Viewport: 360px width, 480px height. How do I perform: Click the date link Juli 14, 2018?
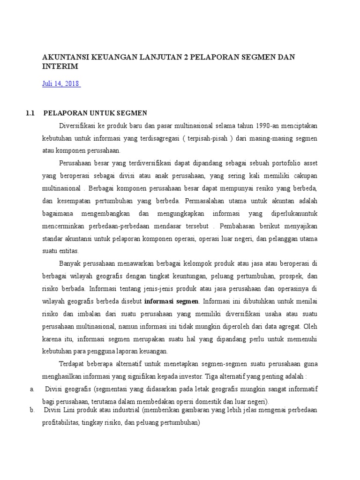(x=61, y=84)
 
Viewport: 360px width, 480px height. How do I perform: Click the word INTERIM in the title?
(x=60, y=67)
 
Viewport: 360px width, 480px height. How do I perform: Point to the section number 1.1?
(x=31, y=113)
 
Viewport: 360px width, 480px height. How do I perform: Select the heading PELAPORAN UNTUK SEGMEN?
(x=96, y=113)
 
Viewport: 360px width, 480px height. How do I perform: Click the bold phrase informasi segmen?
(x=172, y=300)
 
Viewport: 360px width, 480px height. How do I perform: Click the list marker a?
(x=31, y=389)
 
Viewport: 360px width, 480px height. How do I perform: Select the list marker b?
(x=31, y=410)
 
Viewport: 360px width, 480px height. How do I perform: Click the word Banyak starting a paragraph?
(x=71, y=263)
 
